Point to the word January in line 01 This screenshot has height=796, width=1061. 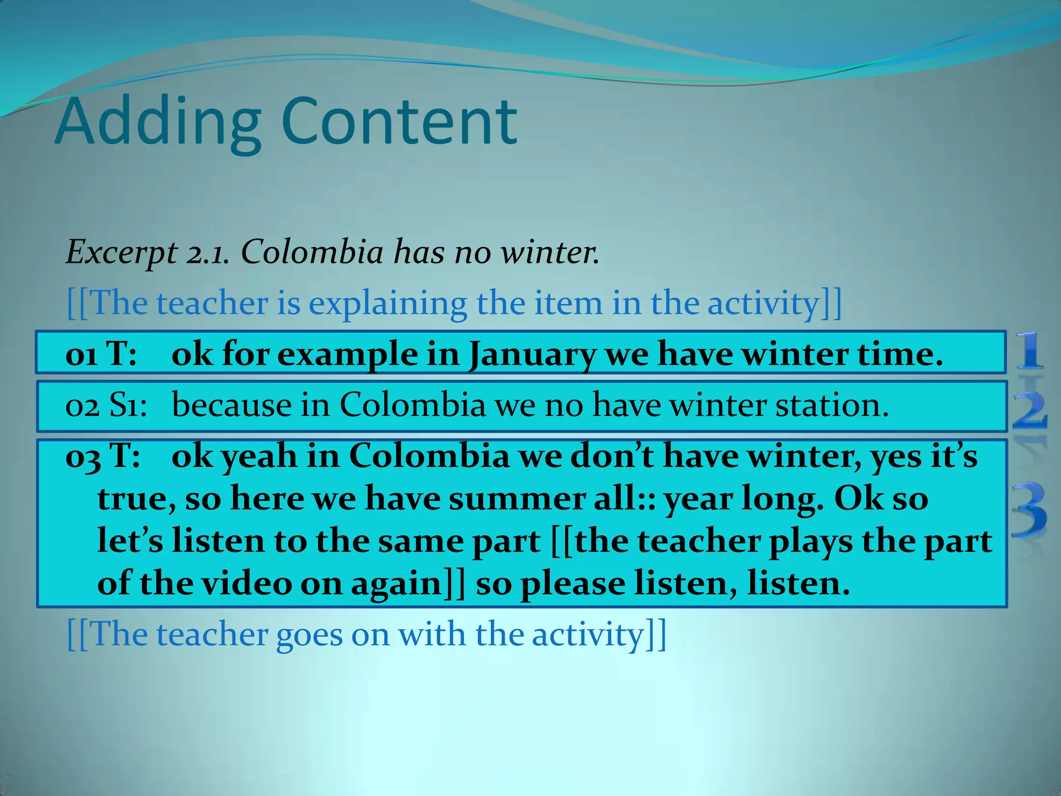[x=532, y=355]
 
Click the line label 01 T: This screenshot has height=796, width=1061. [x=102, y=355]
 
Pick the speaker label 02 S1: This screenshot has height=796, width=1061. [x=106, y=406]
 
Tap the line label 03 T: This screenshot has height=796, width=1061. [x=103, y=457]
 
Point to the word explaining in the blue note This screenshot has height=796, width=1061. [x=388, y=304]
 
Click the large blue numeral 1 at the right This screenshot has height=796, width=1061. [x=1029, y=351]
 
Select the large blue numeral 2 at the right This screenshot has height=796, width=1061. [x=1029, y=410]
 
